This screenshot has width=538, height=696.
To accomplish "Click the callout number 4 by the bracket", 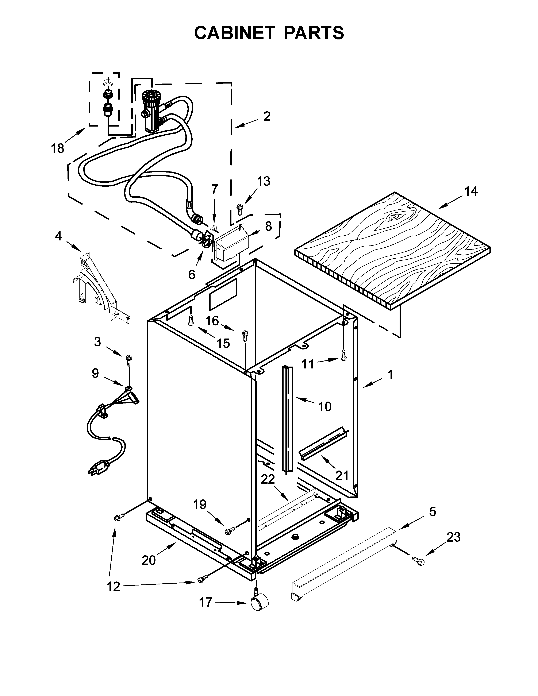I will [x=58, y=236].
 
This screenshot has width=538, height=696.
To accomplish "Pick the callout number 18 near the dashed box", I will [x=58, y=148].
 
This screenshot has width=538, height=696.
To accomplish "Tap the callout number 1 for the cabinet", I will [x=390, y=375].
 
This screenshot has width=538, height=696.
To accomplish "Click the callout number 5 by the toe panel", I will [x=432, y=512].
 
